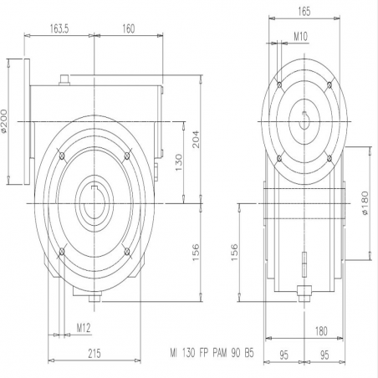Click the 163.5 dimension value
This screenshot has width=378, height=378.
(x=59, y=28)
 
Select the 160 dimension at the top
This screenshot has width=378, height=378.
(x=129, y=28)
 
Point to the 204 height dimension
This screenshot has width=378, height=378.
(x=196, y=139)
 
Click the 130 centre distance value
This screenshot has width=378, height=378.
(x=179, y=163)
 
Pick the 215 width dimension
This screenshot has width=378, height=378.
(x=94, y=354)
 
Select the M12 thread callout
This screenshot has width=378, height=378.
(x=84, y=328)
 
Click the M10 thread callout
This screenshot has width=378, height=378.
(x=300, y=37)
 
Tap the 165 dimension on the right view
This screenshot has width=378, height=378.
(x=304, y=12)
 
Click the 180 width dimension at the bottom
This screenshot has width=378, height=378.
(x=321, y=331)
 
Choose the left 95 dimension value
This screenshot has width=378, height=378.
(x=283, y=355)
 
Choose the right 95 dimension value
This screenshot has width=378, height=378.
(x=324, y=355)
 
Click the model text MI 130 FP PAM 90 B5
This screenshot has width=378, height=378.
(x=212, y=354)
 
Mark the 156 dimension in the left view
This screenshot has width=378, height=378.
(x=196, y=253)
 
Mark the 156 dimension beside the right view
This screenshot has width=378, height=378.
(x=234, y=253)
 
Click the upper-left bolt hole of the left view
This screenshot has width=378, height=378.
(x=62, y=156)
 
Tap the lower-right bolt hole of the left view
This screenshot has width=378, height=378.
(x=127, y=252)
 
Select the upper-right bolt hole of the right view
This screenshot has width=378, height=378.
(x=329, y=84)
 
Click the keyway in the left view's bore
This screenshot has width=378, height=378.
(x=94, y=187)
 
